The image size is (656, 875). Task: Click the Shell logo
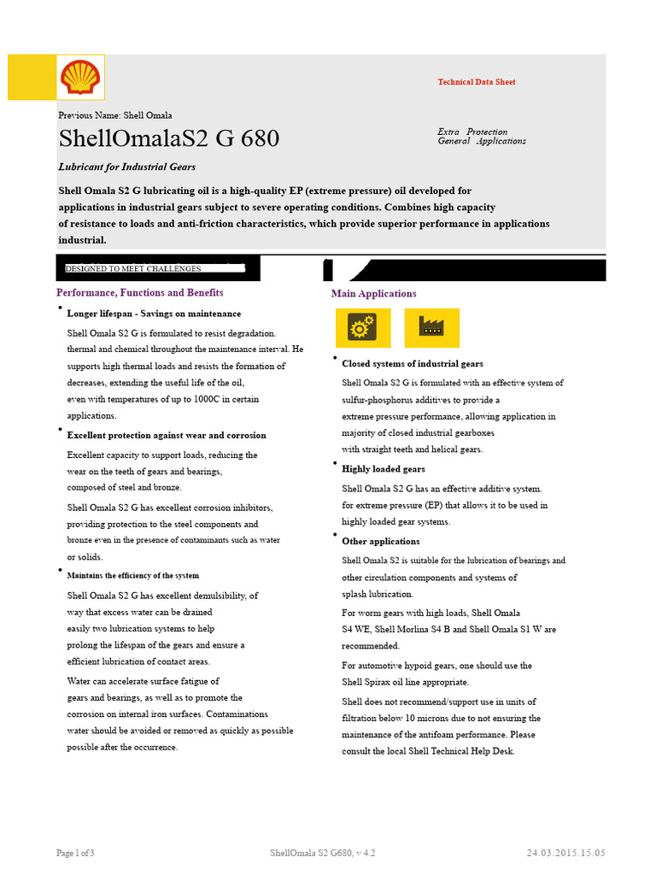pyautogui.click(x=80, y=78)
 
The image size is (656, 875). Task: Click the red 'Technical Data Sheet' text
pyautogui.click(x=476, y=82)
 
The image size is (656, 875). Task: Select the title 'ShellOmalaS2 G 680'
pyautogui.click(x=168, y=138)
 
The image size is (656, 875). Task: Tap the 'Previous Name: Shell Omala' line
pyautogui.click(x=114, y=115)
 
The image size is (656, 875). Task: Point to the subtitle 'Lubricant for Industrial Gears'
pyautogui.click(x=126, y=167)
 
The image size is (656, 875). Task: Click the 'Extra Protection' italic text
pyautogui.click(x=472, y=132)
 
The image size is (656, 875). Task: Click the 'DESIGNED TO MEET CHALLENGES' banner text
pyautogui.click(x=133, y=268)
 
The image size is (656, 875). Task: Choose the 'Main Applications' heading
pyautogui.click(x=374, y=294)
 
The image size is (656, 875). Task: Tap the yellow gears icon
pyautogui.click(x=363, y=327)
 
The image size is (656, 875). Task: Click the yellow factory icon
pyautogui.click(x=431, y=327)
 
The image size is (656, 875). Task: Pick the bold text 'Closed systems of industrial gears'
pyautogui.click(x=412, y=364)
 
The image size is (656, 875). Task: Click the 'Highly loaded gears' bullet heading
pyautogui.click(x=383, y=469)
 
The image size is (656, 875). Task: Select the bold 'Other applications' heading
pyautogui.click(x=380, y=542)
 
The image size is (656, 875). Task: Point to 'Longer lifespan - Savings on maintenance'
pyautogui.click(x=154, y=314)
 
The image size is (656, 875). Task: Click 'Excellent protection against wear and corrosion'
pyautogui.click(x=167, y=435)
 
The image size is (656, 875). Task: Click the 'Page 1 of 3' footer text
pyautogui.click(x=75, y=853)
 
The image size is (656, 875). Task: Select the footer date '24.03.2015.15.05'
pyautogui.click(x=565, y=853)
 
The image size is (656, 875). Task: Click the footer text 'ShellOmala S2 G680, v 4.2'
pyautogui.click(x=322, y=853)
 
